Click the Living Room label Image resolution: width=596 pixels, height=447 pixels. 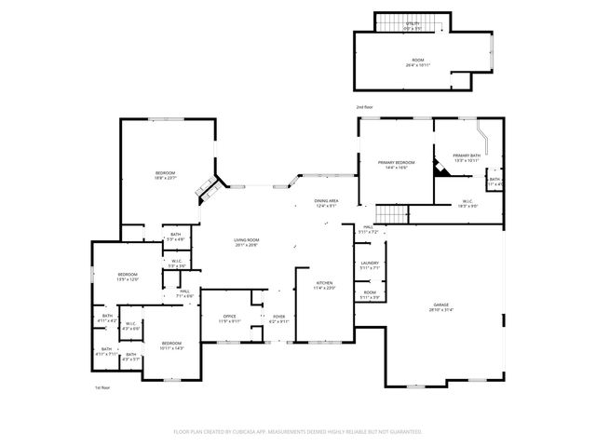(x=245, y=243)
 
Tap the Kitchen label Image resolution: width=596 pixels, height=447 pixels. (x=324, y=285)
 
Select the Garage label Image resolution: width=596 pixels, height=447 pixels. (x=440, y=307)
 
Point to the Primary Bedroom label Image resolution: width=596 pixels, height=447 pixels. (x=396, y=165)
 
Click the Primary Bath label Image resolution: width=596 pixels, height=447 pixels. (x=467, y=157)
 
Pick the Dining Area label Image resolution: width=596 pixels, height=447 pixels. (x=326, y=203)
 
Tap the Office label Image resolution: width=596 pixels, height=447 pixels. (x=228, y=318)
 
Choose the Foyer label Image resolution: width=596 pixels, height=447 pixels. (x=278, y=318)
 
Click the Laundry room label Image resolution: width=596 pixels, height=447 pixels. (x=370, y=265)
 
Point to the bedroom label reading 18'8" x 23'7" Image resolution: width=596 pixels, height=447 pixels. (x=166, y=175)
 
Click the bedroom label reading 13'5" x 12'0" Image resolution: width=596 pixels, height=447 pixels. (x=128, y=277)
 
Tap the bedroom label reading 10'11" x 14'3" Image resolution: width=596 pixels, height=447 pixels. (x=171, y=345)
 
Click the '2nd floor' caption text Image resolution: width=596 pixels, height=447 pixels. (x=364, y=107)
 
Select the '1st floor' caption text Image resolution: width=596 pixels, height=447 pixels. (x=102, y=386)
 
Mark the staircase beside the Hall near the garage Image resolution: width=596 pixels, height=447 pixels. (x=398, y=216)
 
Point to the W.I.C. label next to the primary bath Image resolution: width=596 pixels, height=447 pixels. (x=467, y=203)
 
